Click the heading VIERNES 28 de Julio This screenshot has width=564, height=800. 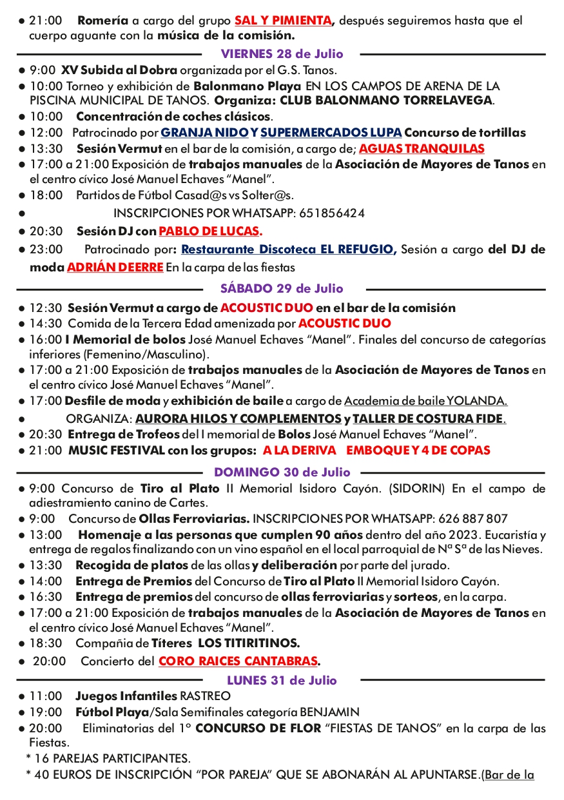coord(282,54)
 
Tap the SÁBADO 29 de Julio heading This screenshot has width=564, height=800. coord(282,289)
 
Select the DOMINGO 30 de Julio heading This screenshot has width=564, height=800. coord(282,473)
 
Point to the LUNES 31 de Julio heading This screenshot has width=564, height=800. coord(282,680)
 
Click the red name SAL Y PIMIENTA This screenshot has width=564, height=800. coord(284,21)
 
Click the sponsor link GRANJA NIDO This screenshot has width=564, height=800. coord(204,133)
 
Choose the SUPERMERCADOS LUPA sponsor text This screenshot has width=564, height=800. coord(331,133)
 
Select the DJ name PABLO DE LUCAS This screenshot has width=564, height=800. coord(209,231)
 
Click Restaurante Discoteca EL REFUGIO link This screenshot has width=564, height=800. coord(287,249)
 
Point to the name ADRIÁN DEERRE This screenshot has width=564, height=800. coord(115,267)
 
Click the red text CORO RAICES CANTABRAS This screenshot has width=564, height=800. coord(238,661)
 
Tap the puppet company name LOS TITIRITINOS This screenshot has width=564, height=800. coord(249,643)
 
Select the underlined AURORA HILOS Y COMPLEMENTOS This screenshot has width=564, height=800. coord(238,418)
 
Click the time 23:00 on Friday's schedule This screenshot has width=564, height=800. coord(46,249)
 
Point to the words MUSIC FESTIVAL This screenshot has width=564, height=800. coord(112,451)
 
